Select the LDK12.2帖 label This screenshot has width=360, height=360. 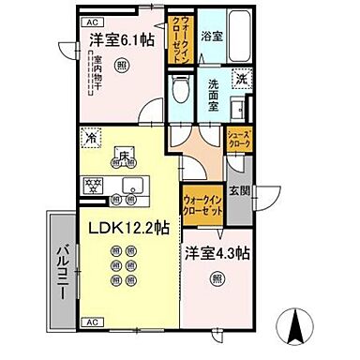[x=129, y=227]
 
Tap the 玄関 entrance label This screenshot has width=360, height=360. [x=239, y=191]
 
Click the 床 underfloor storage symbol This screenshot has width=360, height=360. [x=122, y=155]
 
